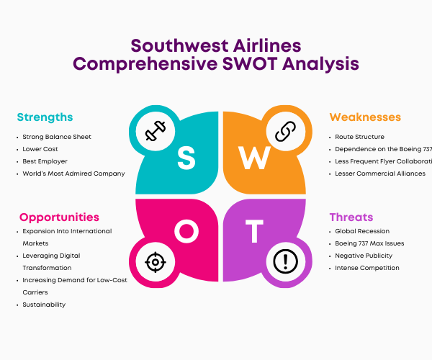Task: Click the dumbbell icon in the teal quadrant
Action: (x=156, y=131)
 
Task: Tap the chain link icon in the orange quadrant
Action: (x=285, y=131)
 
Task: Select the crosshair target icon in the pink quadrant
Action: (x=156, y=262)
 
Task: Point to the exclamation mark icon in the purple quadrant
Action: (x=285, y=261)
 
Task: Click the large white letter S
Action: (x=186, y=158)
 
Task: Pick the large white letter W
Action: (x=255, y=158)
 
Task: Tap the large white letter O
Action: (x=186, y=231)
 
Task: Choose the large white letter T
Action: (x=254, y=231)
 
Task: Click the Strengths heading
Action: (x=45, y=117)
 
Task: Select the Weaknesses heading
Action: (x=365, y=117)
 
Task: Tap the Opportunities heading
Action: (x=59, y=217)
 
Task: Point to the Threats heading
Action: (x=351, y=217)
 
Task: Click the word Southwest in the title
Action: (x=179, y=46)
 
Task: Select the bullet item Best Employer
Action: (x=45, y=161)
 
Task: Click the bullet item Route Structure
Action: (x=359, y=137)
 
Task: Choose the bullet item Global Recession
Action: (x=362, y=231)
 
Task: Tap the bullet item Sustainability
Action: (x=44, y=305)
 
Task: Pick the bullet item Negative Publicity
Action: (x=364, y=256)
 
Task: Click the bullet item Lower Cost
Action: (x=40, y=149)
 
